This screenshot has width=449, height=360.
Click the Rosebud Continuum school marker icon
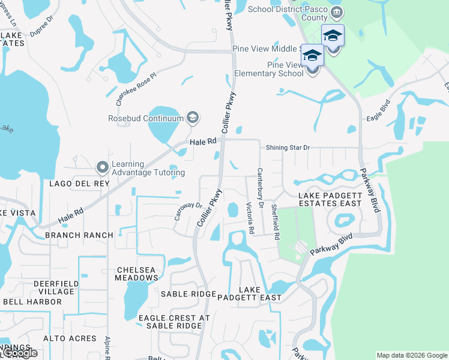pyautogui.click(x=193, y=118)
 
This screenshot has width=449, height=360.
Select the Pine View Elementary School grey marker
pyautogui.click(x=312, y=69)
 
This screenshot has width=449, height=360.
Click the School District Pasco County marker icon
pyautogui.click(x=337, y=13)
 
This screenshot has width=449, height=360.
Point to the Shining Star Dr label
pyautogui.click(x=288, y=147)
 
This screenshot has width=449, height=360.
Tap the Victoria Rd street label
pyautogui.click(x=250, y=218)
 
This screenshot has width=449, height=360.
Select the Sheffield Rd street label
pyautogui.click(x=275, y=222)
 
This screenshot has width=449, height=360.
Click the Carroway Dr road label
pyautogui.click(x=188, y=211)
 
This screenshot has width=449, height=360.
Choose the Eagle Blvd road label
pyautogui.click(x=378, y=111)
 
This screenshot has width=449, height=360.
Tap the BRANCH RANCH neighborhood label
pyautogui.click(x=79, y=235)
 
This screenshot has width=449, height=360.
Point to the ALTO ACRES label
pyautogui.click(x=74, y=338)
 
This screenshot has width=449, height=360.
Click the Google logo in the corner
pyautogui.click(x=19, y=353)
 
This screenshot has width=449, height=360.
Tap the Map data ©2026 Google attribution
pyautogui.click(x=411, y=355)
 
